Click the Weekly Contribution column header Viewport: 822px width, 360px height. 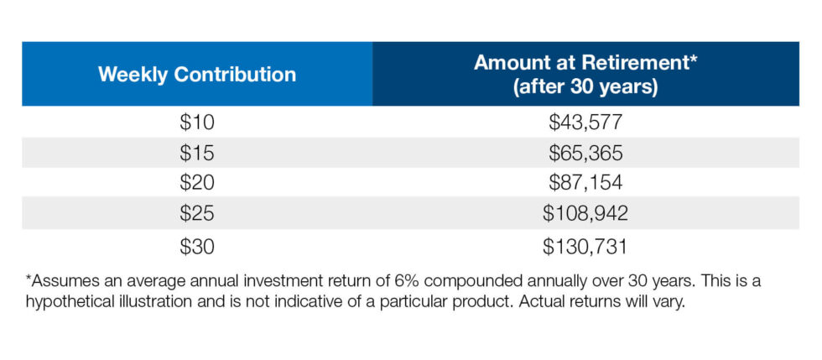click(x=197, y=74)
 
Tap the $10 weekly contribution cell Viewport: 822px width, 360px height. click(x=197, y=123)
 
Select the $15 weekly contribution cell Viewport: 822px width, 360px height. click(x=197, y=153)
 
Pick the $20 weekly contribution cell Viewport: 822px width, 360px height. click(x=197, y=183)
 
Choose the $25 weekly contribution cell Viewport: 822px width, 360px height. click(x=197, y=214)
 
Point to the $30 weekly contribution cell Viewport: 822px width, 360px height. click(x=197, y=246)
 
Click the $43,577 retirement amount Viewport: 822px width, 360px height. click(x=585, y=123)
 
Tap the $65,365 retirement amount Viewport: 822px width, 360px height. click(x=585, y=153)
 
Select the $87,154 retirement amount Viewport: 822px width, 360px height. click(x=585, y=183)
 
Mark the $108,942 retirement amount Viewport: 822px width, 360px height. click(x=585, y=214)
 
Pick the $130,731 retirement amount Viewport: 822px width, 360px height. click(x=585, y=246)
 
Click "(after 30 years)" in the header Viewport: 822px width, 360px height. click(x=585, y=86)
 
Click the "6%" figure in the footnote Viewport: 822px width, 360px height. click(x=403, y=281)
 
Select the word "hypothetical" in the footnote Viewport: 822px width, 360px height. click(x=72, y=304)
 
